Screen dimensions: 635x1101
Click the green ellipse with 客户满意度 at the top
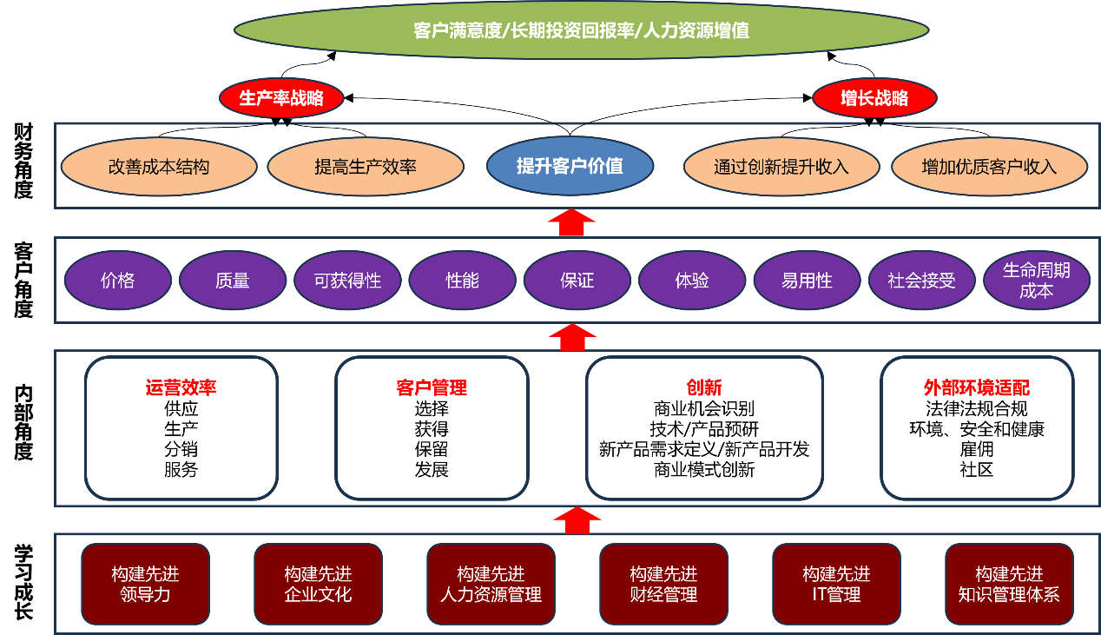(x=581, y=30)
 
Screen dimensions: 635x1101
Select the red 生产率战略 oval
(x=281, y=98)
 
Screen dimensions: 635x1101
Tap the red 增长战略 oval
(x=874, y=98)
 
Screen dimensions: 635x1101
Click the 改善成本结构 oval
(x=159, y=167)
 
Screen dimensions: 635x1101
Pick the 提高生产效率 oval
(x=366, y=167)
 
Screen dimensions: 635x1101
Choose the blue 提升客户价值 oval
(x=570, y=166)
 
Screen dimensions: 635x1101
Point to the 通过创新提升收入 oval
(x=781, y=167)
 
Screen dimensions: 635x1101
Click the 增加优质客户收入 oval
(x=989, y=167)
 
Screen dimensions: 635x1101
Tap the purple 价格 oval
(x=118, y=281)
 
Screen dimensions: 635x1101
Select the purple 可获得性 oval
(x=347, y=281)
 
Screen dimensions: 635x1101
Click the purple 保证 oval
(x=577, y=281)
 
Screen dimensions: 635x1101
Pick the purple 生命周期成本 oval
(x=1036, y=281)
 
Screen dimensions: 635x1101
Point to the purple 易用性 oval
(x=807, y=281)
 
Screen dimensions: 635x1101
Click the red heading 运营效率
(x=181, y=388)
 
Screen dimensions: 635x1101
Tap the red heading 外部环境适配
(x=976, y=388)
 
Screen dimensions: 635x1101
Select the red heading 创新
(x=704, y=388)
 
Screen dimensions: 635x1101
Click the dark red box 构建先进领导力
(x=145, y=584)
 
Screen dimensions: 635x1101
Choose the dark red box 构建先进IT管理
(x=836, y=584)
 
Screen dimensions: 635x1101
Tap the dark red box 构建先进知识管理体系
(x=1009, y=584)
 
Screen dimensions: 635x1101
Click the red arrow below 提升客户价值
(x=571, y=223)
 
